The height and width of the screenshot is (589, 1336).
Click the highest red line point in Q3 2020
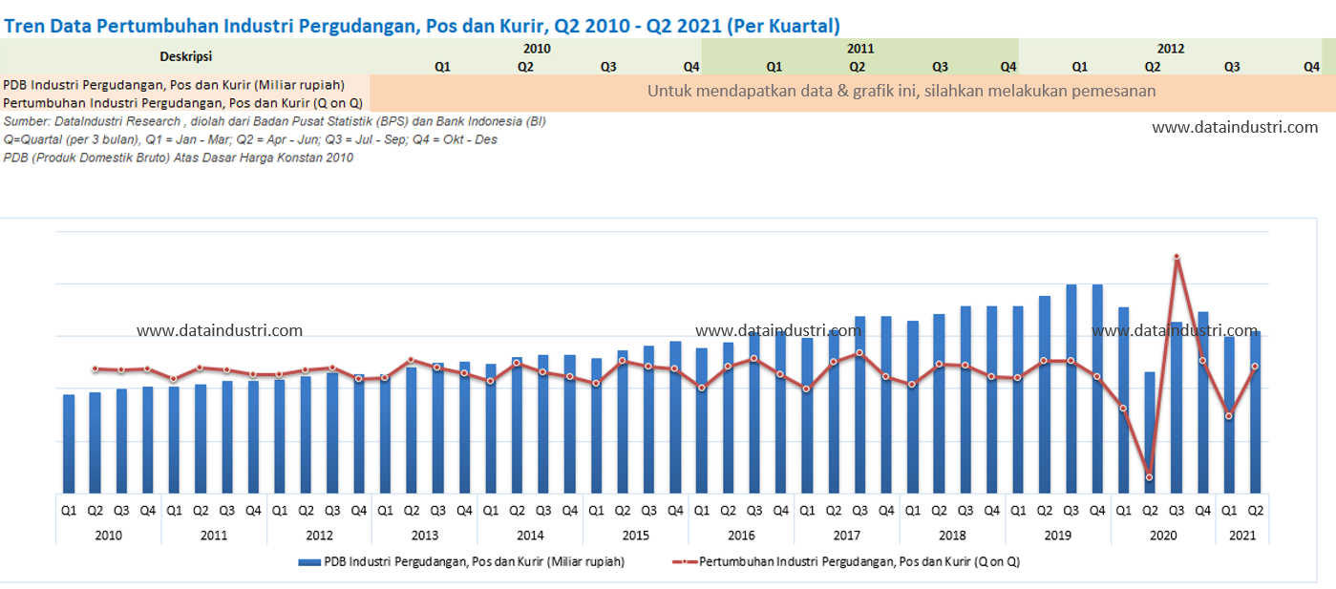(1177, 257)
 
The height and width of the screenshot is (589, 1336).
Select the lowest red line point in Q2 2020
(1150, 477)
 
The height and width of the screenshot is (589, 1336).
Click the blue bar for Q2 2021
(1255, 411)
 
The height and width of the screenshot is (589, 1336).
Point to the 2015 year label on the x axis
(636, 536)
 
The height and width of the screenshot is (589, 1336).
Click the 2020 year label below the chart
(1163, 536)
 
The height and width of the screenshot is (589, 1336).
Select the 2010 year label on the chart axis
(109, 536)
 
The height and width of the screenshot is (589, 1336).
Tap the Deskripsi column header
(186, 56)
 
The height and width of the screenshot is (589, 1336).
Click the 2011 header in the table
(859, 48)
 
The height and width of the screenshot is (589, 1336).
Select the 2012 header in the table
(1170, 48)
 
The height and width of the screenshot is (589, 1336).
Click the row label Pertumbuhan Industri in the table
(183, 102)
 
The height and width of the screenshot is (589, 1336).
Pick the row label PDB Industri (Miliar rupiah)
(174, 84)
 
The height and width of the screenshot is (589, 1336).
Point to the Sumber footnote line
(275, 121)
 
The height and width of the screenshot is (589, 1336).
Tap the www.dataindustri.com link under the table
(1235, 127)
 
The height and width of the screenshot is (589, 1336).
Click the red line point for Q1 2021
(1229, 416)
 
